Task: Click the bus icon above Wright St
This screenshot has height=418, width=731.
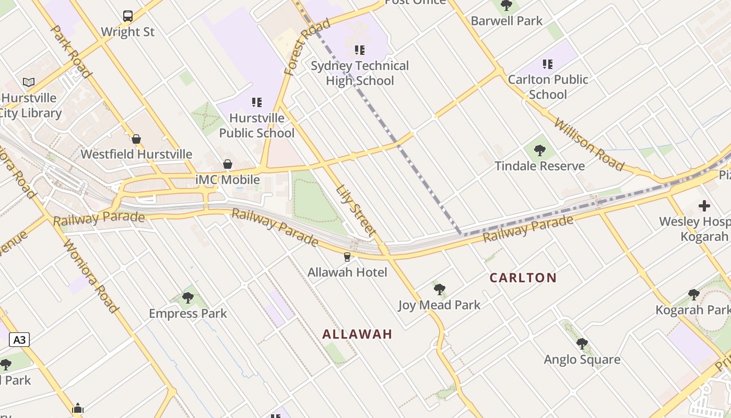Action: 128,16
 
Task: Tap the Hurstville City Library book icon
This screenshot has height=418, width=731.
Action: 29,82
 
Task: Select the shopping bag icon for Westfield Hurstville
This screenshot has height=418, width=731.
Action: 136,139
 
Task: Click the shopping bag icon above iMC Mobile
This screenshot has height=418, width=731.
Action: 228,164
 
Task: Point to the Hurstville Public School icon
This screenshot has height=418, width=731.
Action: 256,102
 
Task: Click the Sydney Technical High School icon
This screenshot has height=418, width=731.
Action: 359,50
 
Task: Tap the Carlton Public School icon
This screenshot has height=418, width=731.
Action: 547,64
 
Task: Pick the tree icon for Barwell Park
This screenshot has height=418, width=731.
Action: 506,6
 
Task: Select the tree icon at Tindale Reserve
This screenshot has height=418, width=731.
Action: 540,151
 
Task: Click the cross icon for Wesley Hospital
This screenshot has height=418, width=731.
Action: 704,206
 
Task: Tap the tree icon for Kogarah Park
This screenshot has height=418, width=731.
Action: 693,295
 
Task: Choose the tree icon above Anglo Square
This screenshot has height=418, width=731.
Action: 582,344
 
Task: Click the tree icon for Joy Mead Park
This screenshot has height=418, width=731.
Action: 439,289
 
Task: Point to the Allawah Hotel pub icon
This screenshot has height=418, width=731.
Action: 347,257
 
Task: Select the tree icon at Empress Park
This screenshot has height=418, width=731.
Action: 187,298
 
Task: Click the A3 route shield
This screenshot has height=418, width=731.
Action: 19,340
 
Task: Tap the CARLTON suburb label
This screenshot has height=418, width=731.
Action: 523,277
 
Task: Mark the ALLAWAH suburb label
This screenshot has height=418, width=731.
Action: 357,334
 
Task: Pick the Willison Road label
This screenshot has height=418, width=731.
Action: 588,144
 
